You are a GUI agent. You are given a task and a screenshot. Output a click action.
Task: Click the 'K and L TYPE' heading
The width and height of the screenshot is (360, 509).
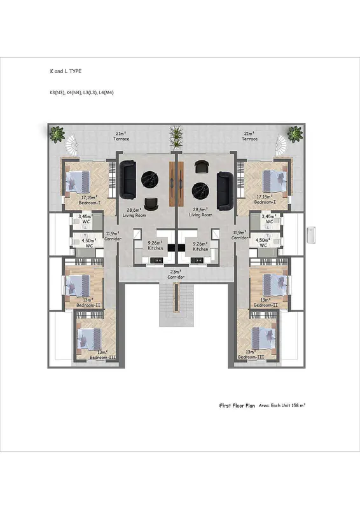tap(66, 71)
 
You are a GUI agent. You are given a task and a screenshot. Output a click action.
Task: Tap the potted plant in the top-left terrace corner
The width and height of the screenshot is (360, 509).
tap(57, 134)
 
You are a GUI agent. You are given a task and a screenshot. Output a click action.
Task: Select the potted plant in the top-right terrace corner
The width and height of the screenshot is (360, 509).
tap(294, 134)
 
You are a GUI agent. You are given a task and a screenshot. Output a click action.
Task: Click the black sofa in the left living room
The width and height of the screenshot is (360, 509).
tap(128, 179)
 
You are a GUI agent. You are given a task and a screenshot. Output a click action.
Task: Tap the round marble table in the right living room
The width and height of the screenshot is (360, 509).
tap(200, 190)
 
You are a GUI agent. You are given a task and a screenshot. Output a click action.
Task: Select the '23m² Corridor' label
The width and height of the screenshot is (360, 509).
tap(176, 274)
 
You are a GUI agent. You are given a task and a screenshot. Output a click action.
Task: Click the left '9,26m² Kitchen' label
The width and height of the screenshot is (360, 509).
tap(156, 246)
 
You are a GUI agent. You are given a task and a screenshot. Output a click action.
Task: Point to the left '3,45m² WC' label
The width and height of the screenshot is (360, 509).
tap(86, 218)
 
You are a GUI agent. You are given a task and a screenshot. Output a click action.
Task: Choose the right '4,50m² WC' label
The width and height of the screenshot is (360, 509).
tap(263, 242)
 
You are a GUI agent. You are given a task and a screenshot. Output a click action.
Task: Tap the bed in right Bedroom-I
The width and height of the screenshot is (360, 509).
tap(275, 181)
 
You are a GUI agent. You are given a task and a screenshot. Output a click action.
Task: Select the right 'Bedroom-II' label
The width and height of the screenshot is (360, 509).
tap(266, 305)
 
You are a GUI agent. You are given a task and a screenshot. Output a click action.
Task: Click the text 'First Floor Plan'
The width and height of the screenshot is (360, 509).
tap(237, 406)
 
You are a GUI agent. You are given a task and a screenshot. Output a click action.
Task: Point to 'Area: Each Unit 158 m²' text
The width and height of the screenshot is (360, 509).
tap(282, 405)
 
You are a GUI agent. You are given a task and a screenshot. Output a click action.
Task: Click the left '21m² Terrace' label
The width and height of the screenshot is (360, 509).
tap(121, 136)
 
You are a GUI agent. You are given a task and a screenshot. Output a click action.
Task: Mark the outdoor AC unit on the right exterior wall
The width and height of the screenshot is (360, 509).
tap(311, 235)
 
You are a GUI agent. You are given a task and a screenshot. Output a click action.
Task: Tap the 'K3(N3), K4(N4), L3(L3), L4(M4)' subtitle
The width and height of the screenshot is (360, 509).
tap(82, 92)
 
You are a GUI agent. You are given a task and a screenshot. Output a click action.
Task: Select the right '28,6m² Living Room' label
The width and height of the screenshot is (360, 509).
tap(200, 213)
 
